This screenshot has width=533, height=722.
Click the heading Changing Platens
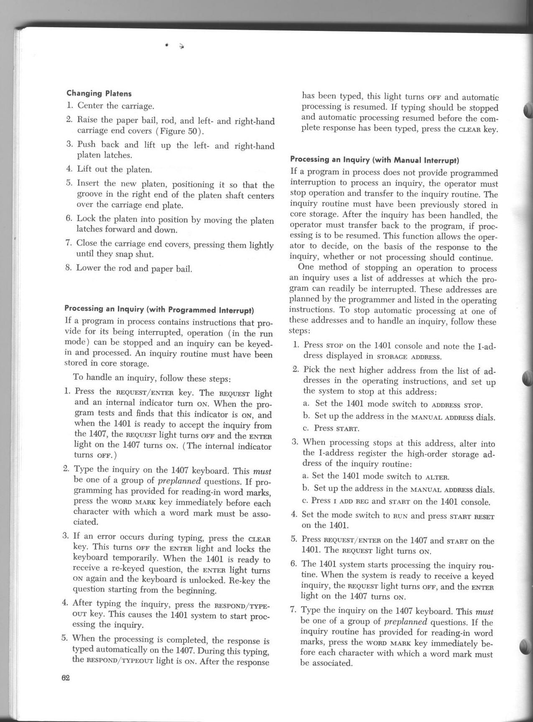[99, 93]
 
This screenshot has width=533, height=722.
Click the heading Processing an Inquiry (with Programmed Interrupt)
[159, 310]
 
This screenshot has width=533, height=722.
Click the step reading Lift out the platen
[114, 170]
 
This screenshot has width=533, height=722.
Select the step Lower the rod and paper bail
[134, 268]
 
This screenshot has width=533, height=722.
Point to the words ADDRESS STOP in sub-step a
[457, 405]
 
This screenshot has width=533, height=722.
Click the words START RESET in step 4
[472, 516]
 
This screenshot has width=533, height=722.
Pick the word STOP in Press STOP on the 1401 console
[334, 347]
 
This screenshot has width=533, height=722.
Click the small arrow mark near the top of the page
[181, 46]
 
